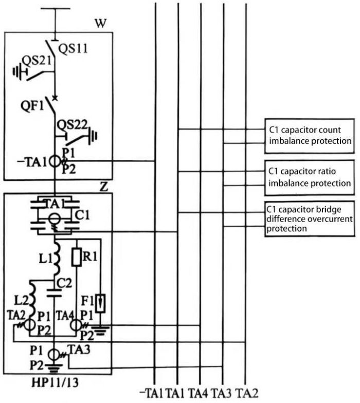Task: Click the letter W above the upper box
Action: tap(101, 24)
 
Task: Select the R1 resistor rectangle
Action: tap(76, 257)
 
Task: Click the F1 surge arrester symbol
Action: tap(101, 299)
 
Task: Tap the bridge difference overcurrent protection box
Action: tap(309, 219)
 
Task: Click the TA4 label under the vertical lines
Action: tap(201, 393)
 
